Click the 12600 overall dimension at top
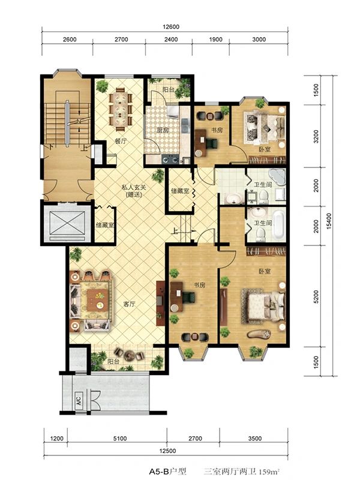(171, 26)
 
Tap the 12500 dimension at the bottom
(167, 451)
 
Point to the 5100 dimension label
(119, 439)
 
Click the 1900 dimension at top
(215, 39)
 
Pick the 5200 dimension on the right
(316, 296)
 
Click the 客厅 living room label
(129, 304)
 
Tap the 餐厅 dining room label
(121, 142)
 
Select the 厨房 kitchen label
(163, 130)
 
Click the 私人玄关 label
(134, 187)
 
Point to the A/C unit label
(79, 401)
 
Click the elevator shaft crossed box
(67, 223)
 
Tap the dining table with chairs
(121, 107)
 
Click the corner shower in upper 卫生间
(277, 176)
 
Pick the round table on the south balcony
(129, 355)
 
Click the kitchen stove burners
(170, 159)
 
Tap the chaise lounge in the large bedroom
(259, 334)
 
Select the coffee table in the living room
(98, 300)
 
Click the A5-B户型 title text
(167, 471)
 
